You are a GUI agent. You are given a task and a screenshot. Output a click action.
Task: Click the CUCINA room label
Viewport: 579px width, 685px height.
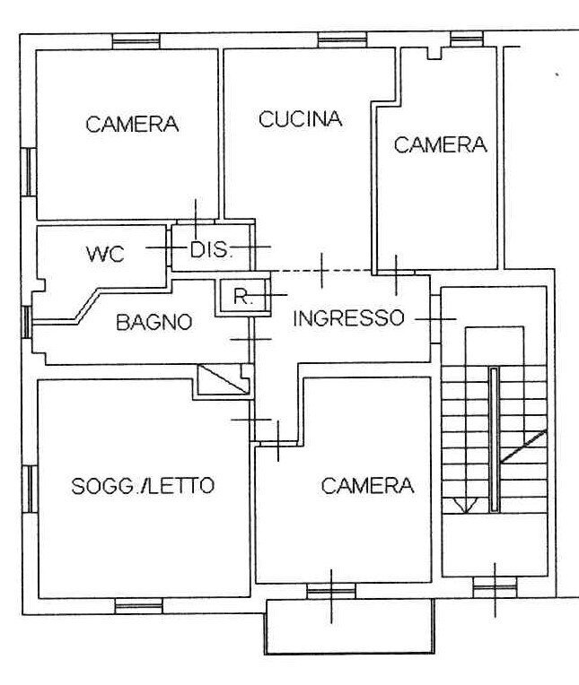[x=301, y=119]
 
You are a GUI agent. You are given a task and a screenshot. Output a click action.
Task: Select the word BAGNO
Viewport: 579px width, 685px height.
[x=154, y=322]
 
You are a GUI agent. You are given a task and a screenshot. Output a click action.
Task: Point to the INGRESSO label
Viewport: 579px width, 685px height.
[x=349, y=317]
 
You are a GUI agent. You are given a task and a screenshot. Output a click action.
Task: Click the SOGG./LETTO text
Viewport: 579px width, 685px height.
[x=143, y=486]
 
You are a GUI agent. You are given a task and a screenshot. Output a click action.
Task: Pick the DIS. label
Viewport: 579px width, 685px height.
[x=211, y=250]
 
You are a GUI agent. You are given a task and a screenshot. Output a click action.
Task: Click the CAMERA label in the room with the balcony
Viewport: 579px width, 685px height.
[x=367, y=486]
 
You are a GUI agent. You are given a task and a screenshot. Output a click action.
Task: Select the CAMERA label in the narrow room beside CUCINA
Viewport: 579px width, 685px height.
[x=440, y=144]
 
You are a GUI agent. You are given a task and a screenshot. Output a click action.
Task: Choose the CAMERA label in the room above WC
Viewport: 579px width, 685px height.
[x=132, y=125]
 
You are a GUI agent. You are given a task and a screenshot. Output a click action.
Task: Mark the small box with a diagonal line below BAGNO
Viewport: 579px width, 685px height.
[x=223, y=380]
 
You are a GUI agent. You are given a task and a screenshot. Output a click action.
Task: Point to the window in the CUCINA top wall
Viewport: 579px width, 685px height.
[x=343, y=39]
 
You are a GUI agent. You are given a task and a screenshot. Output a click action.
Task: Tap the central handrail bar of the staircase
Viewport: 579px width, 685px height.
[x=493, y=438]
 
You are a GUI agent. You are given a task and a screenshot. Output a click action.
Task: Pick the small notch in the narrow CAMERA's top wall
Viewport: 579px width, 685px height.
[x=434, y=54]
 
